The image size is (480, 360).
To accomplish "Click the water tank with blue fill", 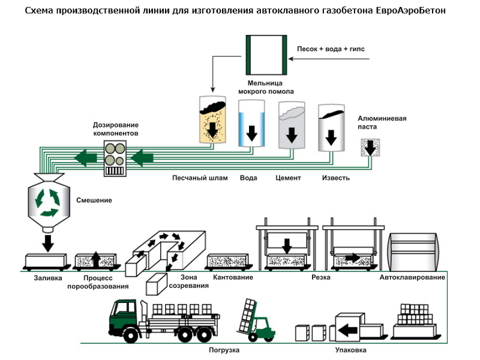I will [x=251, y=123].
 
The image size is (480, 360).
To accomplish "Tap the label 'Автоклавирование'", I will [x=412, y=278].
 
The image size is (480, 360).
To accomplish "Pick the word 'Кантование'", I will [x=233, y=278].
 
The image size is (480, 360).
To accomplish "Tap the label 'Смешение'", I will [x=94, y=200].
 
